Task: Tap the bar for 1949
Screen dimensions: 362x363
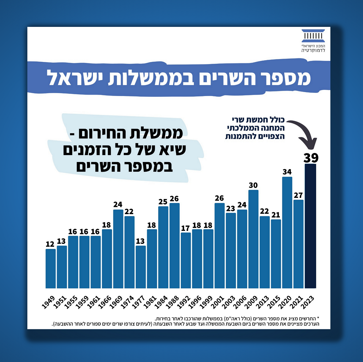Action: (x=50, y=268)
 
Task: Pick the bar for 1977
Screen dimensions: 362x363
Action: (x=140, y=266)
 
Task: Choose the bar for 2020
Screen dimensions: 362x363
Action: (x=287, y=232)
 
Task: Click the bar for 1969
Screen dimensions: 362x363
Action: (x=118, y=248)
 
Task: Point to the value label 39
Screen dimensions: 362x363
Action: (x=311, y=158)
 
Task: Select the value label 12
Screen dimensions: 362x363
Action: (x=50, y=244)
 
